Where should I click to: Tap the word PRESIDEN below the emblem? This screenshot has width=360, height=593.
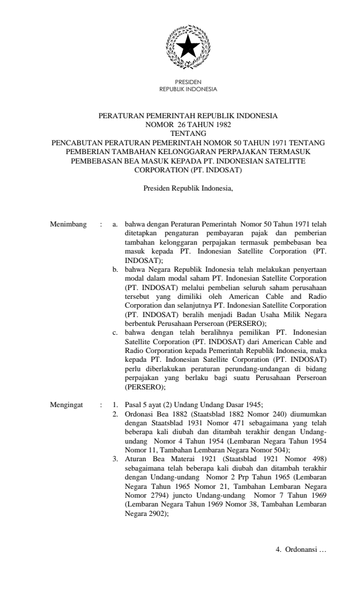188,82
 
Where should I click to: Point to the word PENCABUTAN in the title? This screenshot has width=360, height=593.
77,142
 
